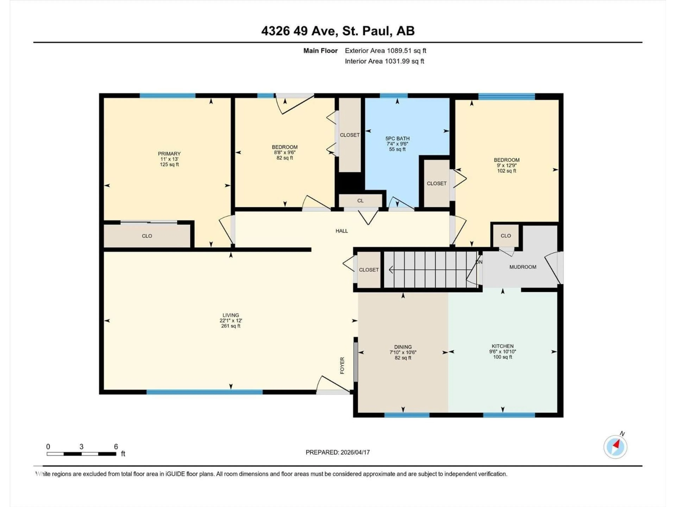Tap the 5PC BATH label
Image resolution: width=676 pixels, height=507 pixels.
tap(397, 138)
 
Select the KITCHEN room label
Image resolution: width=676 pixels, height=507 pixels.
tap(502, 346)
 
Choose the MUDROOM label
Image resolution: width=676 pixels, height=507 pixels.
tap(523, 267)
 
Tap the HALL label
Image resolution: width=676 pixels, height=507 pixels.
tap(342, 231)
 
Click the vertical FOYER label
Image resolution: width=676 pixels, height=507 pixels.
tap(342, 365)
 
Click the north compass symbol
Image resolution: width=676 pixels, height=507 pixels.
tap(615, 446)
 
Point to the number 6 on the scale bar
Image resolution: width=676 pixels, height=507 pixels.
tap(116, 446)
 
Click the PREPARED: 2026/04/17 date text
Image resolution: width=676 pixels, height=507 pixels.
tap(338, 452)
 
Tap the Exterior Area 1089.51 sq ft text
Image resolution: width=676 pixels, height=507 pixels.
tap(385, 51)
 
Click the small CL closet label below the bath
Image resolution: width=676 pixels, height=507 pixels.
tap(360, 201)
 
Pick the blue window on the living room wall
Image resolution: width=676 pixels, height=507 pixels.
tap(204, 392)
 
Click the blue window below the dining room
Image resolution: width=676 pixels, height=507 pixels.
tap(406, 415)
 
